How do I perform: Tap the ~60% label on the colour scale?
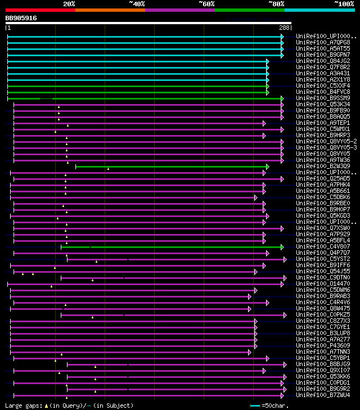206,4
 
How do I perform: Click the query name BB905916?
21,18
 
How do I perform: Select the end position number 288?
284,28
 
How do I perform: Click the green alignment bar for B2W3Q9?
169,166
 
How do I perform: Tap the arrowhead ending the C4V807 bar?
282,246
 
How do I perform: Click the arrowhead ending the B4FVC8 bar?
268,92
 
